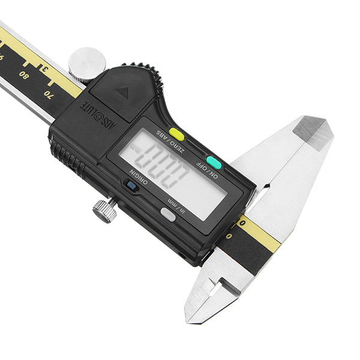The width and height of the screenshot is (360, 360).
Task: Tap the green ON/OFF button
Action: (x=214, y=163)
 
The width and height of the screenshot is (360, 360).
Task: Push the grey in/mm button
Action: (x=169, y=215)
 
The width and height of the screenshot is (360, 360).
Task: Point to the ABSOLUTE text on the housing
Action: (x=98, y=112)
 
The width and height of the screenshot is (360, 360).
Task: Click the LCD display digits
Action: (x=169, y=167)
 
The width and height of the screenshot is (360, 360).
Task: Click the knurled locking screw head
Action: (x=104, y=211)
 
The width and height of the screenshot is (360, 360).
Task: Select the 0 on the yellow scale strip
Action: (x=242, y=223)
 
